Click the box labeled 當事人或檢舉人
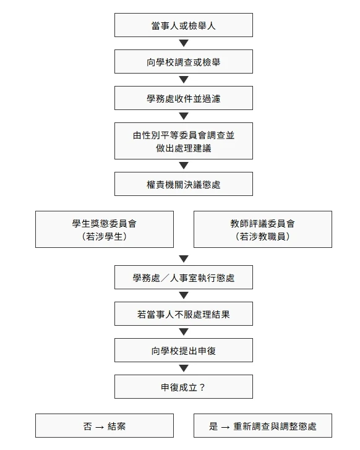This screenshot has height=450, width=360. (184, 25)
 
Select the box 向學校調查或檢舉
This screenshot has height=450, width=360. (184, 61)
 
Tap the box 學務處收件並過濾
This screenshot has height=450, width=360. (184, 98)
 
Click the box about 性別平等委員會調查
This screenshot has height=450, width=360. (184, 141)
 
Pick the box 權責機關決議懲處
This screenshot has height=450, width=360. (184, 184)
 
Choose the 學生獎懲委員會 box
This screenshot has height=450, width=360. (105, 229)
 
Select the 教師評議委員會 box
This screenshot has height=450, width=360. (263, 229)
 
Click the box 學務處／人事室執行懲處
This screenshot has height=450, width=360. (184, 277)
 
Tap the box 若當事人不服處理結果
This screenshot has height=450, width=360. (184, 313)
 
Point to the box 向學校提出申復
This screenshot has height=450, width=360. (184, 350)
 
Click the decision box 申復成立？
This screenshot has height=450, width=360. (184, 386)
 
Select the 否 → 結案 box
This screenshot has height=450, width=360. (105, 426)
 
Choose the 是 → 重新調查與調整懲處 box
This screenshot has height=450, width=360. (263, 426)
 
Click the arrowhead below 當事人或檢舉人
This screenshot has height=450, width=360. (184, 43)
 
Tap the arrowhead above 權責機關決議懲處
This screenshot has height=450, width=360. (184, 166)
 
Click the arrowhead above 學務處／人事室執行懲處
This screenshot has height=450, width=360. (184, 258)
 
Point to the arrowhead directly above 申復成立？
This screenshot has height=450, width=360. (184, 368)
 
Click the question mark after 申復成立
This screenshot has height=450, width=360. (202, 388)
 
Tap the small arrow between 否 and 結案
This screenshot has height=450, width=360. (100, 427)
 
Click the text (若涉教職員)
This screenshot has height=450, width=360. (263, 237)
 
